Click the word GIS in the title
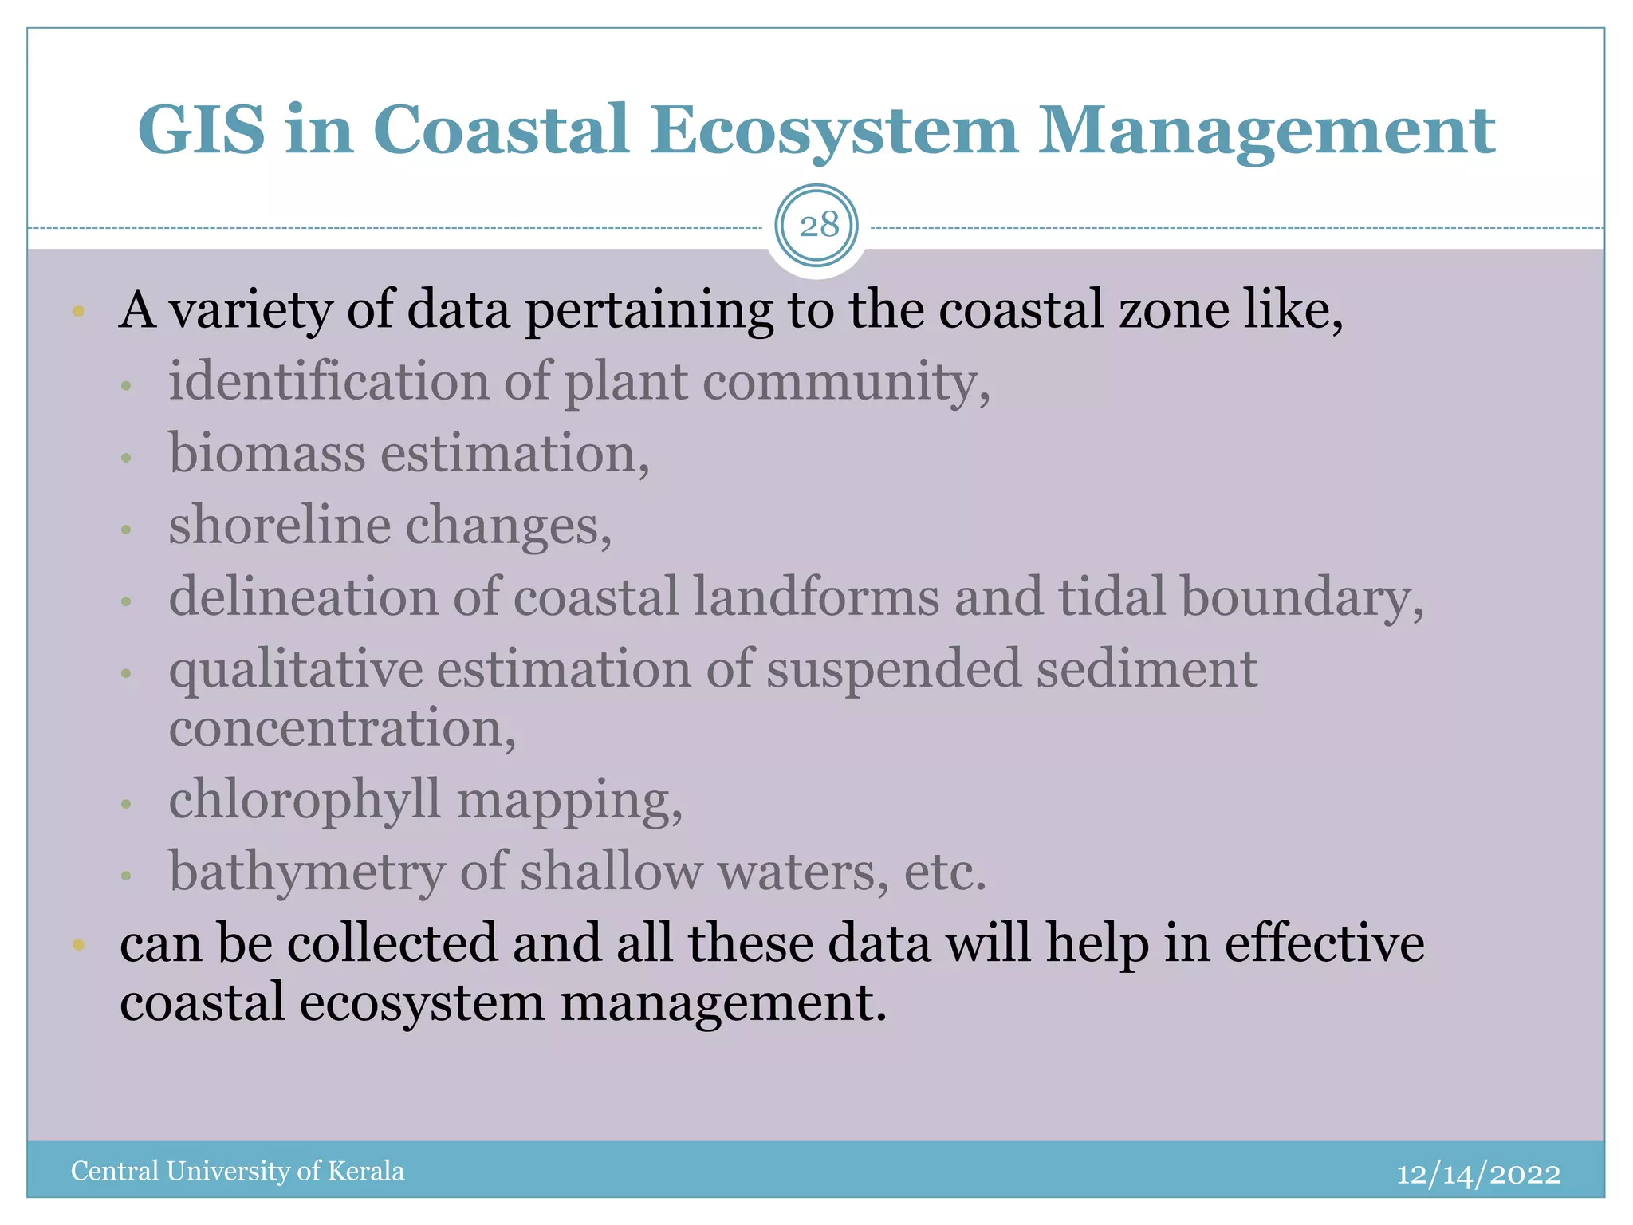pyautogui.click(x=201, y=129)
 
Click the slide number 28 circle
pyautogui.click(x=817, y=226)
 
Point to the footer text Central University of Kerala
pyautogui.click(x=238, y=1171)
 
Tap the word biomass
pyautogui.click(x=266, y=453)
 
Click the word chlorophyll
pyautogui.click(x=305, y=799)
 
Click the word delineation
pyautogui.click(x=304, y=597)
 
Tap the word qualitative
pyautogui.click(x=296, y=668)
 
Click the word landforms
pyautogui.click(x=816, y=597)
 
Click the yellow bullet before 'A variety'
pyautogui.click(x=77, y=311)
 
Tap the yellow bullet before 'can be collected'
pyautogui.click(x=77, y=945)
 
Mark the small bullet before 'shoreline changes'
pyautogui.click(x=125, y=529)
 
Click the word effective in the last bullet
pyautogui.click(x=1324, y=943)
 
